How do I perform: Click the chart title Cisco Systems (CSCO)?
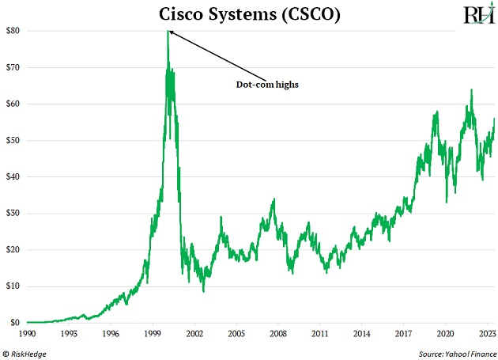pyautogui.click(x=250, y=15)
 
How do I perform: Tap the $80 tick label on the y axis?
pyautogui.click(x=13, y=31)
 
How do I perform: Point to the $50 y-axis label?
pyautogui.click(x=13, y=140)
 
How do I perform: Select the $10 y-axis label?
pyautogui.click(x=13, y=286)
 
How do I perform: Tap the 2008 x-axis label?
pyautogui.click(x=278, y=334)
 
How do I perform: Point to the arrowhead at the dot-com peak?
pyautogui.click(x=171, y=32)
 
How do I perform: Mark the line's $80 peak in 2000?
pyautogui.click(x=168, y=32)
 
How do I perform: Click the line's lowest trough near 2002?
pyautogui.click(x=203, y=291)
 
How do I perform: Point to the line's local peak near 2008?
pyautogui.click(x=273, y=199)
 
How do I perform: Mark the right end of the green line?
pyautogui.click(x=494, y=119)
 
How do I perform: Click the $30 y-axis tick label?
pyautogui.click(x=13, y=214)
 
